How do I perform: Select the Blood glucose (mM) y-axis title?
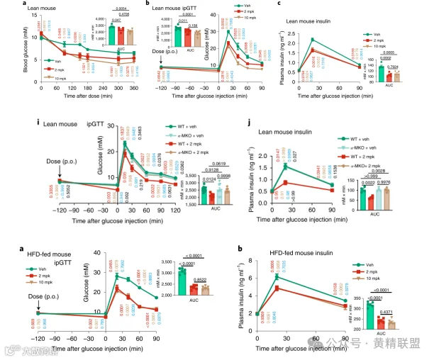coord(5,44)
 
